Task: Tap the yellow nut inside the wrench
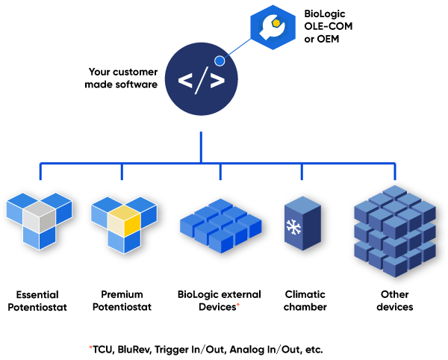pyautogui.click(x=276, y=23)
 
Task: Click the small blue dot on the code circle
pyautogui.click(x=220, y=61)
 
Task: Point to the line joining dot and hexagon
pyautogui.click(x=237, y=49)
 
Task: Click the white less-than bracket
pyautogui.click(x=184, y=80)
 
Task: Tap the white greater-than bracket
pyautogui.click(x=217, y=80)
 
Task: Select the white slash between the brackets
pyautogui.click(x=201, y=80)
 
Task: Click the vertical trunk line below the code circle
pyautogui.click(x=201, y=146)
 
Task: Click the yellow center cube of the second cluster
pyautogui.click(x=124, y=220)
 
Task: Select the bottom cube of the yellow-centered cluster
pyautogui.click(x=124, y=240)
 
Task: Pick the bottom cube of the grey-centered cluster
pyautogui.click(x=39, y=238)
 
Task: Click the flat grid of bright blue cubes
pyautogui.click(x=221, y=226)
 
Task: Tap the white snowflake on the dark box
pyautogui.click(x=293, y=227)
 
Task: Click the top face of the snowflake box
pyautogui.click(x=302, y=205)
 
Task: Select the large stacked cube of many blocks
pyautogui.click(x=394, y=231)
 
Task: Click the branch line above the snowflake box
pyautogui.click(x=302, y=172)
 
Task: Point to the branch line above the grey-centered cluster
pyautogui.click(x=40, y=172)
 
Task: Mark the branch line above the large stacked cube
pyautogui.click(x=395, y=172)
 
